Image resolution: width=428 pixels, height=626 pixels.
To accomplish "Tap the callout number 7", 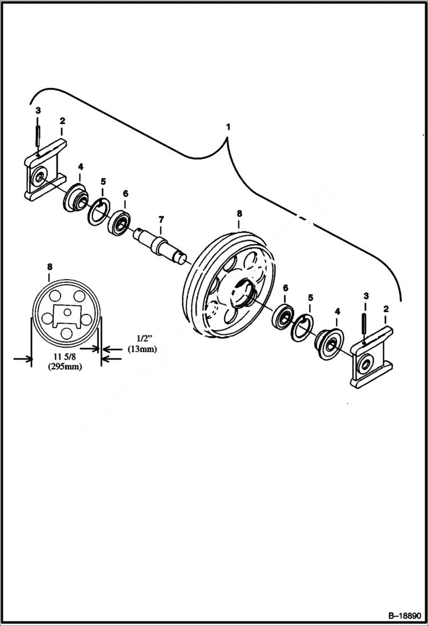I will [161, 219].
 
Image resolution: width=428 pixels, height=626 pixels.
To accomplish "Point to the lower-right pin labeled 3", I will [365, 323].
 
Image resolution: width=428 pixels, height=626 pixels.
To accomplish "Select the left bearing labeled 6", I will [121, 222].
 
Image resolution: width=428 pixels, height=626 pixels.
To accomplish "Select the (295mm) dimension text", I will [64, 367].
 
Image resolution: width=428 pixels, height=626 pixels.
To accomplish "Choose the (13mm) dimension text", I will [142, 349].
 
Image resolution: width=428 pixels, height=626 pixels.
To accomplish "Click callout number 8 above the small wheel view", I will [50, 266].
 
